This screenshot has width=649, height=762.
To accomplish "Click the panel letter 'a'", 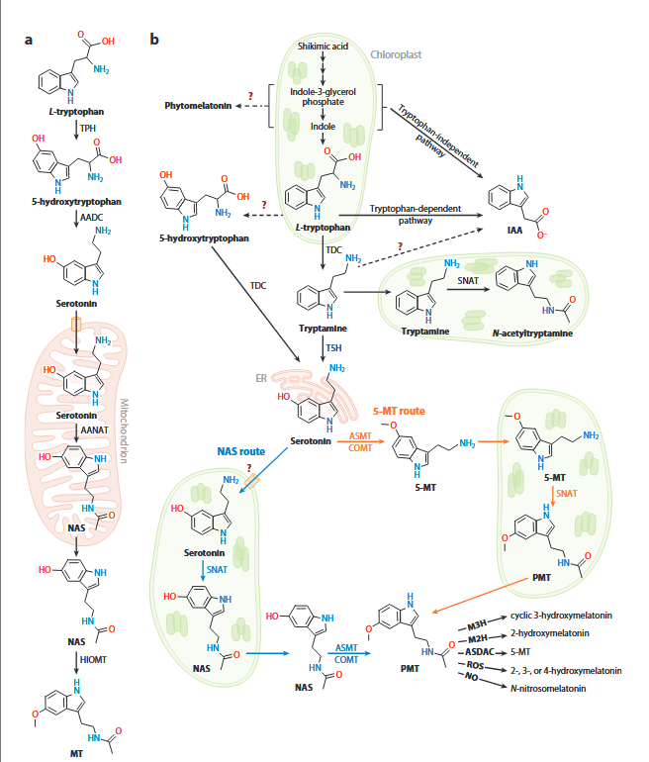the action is pos(29,40).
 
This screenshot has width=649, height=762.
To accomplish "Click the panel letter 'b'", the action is pos(154,39).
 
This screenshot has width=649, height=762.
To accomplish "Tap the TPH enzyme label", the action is pos(88,129).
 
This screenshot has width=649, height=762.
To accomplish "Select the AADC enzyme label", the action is pos(91,218).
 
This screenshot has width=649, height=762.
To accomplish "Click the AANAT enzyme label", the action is pos(95,430).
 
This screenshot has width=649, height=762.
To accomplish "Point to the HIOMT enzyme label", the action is pos(93,659).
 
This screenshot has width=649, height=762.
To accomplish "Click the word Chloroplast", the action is pos(396,54).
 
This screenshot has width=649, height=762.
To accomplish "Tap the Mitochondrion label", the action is pos(125,430).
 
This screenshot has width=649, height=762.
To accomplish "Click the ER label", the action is pos(261,378).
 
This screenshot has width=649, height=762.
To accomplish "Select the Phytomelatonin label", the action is pos(198,106).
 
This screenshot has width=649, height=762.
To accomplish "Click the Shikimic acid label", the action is pos(324,47).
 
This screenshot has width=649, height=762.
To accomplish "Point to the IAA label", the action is pos(514,230).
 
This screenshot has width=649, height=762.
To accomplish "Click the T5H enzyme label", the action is pos(333,348).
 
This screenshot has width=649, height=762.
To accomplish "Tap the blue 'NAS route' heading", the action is pos(241,451).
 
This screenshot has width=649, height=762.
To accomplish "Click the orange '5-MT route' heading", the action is pos(399,411).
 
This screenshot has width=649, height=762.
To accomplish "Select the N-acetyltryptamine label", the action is pos(532,333).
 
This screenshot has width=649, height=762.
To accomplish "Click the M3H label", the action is pos(477,624).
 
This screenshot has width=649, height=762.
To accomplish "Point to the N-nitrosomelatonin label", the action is pos(548,688).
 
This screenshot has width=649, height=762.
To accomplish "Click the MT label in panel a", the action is pos(76,753).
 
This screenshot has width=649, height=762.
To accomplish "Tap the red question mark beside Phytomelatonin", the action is pos(250,95).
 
